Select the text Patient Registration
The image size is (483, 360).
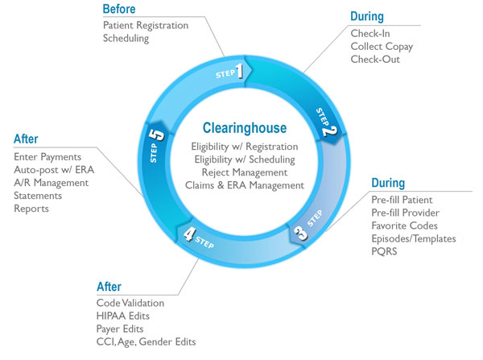point(145,25)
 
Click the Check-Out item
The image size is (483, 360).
point(374,59)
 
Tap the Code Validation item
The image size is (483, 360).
point(130,303)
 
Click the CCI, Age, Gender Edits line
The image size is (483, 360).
point(145,342)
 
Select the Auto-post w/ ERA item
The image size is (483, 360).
point(52,170)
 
